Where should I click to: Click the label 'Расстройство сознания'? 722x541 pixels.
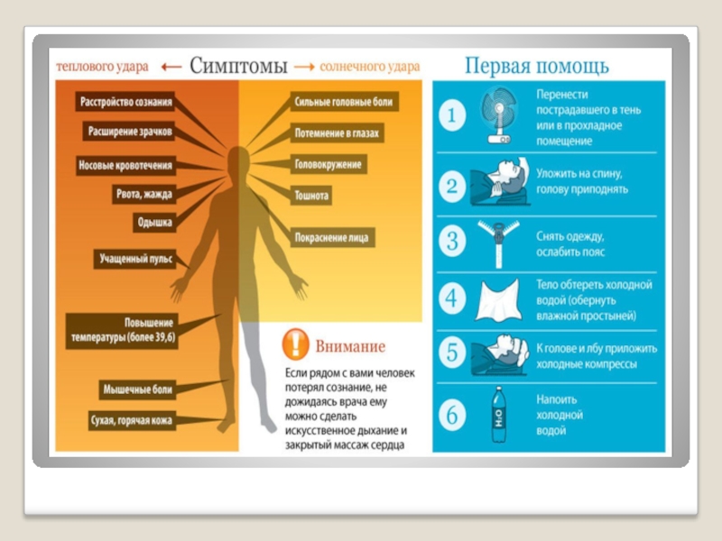pyautogui.click(x=126, y=102)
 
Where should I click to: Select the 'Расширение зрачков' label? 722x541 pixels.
pyautogui.click(x=129, y=132)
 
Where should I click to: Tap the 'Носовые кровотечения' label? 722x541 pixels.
pyautogui.click(x=125, y=166)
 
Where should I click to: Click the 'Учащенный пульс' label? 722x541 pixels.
pyautogui.click(x=136, y=259)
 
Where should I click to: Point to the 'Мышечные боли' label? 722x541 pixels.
pyautogui.click(x=137, y=390)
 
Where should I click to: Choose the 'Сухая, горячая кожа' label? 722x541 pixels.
pyautogui.click(x=132, y=420)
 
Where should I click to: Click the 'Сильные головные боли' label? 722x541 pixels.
pyautogui.click(x=344, y=102)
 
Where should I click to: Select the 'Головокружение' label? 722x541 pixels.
pyautogui.click(x=328, y=165)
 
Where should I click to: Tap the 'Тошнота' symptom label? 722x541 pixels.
pyautogui.click(x=311, y=195)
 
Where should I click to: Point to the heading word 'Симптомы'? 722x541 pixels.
pyautogui.click(x=238, y=67)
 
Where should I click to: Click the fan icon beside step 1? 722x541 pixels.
pyautogui.click(x=498, y=115)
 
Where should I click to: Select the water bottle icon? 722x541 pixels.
pyautogui.click(x=497, y=414)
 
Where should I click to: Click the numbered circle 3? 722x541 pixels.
pyautogui.click(x=453, y=241)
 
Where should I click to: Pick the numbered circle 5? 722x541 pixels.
pyautogui.click(x=453, y=353)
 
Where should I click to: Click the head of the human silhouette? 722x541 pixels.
pyautogui.click(x=238, y=162)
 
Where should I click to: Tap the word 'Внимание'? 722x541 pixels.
pyautogui.click(x=350, y=346)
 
